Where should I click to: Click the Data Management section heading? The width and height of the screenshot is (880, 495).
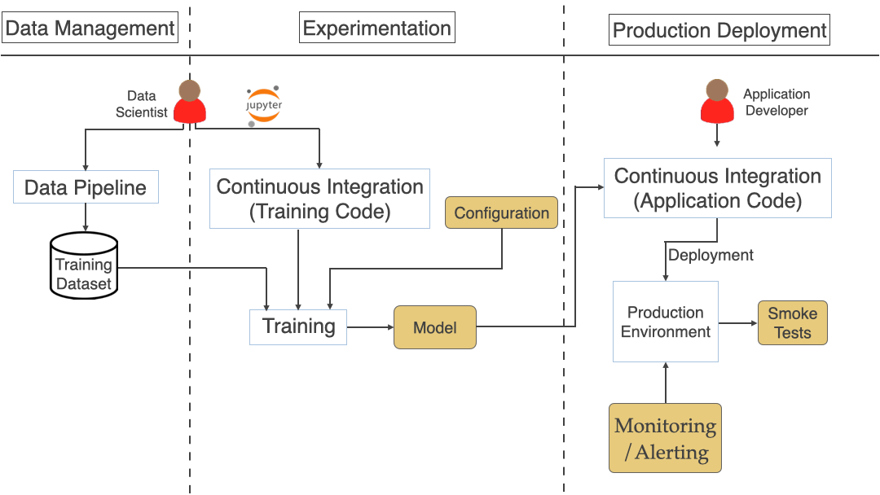(x=90, y=28)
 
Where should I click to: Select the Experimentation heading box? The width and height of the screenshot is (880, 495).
(x=376, y=28)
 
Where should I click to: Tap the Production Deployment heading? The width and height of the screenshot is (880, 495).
(x=719, y=32)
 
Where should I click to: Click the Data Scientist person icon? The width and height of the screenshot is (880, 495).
(x=190, y=103)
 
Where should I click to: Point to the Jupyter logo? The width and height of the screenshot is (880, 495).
(x=263, y=106)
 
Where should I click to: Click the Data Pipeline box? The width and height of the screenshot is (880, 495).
(x=86, y=187)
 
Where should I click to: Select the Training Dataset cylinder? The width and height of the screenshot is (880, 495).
(x=84, y=265)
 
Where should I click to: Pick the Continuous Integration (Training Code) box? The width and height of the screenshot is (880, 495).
(x=319, y=199)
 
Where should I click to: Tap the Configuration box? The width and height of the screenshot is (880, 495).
(x=501, y=212)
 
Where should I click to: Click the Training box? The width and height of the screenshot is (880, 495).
(x=298, y=327)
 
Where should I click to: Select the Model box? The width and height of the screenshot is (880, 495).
(x=435, y=327)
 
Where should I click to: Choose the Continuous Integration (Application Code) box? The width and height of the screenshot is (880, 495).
(x=717, y=188)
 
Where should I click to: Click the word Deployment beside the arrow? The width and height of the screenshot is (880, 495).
(x=711, y=255)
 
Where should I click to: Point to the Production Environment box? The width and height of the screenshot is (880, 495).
(x=665, y=322)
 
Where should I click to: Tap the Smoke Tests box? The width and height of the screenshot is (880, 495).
(x=792, y=322)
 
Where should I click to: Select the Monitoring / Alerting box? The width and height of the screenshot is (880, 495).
(x=665, y=438)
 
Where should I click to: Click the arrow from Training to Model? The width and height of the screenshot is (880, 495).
(x=371, y=327)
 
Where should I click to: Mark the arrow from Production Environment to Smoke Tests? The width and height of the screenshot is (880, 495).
(x=737, y=322)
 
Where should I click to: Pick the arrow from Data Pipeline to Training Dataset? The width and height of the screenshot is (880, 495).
(x=86, y=217)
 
